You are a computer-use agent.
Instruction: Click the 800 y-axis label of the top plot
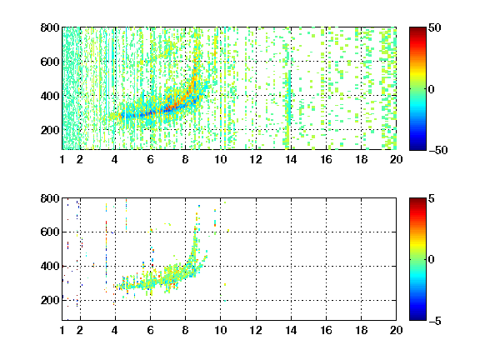[x=50, y=27]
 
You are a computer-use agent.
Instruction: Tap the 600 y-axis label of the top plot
[x=50, y=62]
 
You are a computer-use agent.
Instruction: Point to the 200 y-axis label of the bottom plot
[x=50, y=300]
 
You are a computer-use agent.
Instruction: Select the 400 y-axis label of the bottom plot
[x=50, y=266]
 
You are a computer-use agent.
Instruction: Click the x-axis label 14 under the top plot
[x=291, y=159]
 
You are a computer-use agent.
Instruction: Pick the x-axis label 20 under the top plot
[x=396, y=159]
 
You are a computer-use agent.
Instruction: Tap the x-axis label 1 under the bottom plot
[x=62, y=330]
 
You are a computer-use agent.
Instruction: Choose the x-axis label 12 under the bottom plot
[x=256, y=330]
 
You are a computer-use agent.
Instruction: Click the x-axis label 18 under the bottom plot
[x=361, y=330]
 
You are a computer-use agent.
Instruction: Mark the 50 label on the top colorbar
[x=435, y=27]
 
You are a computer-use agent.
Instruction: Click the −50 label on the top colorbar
[x=437, y=150]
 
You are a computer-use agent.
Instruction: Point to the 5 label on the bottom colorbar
[x=432, y=198]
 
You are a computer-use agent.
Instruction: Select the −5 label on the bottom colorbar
[x=435, y=321]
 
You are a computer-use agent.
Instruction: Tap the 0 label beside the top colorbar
[x=432, y=89]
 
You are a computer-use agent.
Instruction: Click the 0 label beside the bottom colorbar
[x=432, y=260]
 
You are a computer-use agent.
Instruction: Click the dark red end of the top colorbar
[x=417, y=30]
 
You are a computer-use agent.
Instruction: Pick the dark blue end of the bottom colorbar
[x=417, y=317]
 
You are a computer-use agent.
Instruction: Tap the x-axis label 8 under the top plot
[x=186, y=159]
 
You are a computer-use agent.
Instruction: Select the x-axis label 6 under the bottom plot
[x=150, y=330]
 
